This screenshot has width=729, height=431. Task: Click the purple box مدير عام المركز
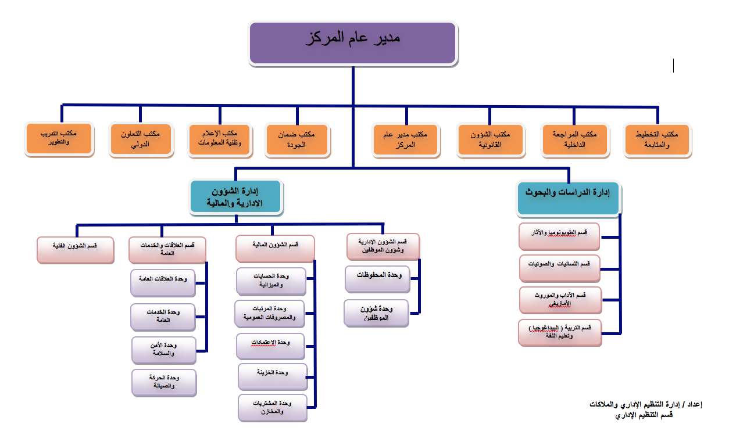tap(352, 42)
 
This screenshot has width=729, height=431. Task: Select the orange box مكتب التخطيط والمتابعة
tap(657, 140)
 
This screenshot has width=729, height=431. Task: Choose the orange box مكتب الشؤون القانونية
tap(491, 140)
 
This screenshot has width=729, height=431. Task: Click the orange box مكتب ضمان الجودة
tap(298, 140)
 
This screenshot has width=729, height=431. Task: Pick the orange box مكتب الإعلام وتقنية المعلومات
tap(220, 140)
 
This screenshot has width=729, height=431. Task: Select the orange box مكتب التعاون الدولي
tap(141, 140)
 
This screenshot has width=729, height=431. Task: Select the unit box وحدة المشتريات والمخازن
tap(272, 407)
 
